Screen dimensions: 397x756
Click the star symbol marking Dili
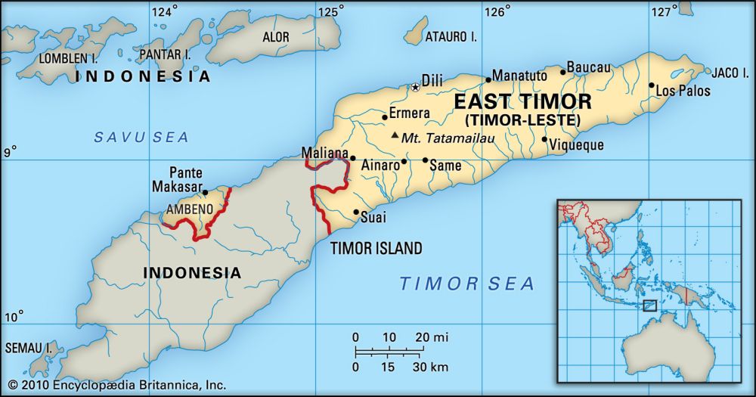[x=415, y=88]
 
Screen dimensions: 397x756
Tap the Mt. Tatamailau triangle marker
[x=395, y=136]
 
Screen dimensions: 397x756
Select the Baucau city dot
[x=562, y=72]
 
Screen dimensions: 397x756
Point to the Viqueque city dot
[x=544, y=139]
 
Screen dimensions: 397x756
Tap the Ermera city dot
[x=384, y=117]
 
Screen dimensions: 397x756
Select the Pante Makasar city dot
[x=205, y=192]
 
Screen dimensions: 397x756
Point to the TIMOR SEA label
[x=466, y=284]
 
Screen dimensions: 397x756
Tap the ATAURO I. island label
[x=451, y=36]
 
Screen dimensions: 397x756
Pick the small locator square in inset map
[x=649, y=306]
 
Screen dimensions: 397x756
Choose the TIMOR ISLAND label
[x=376, y=248]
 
